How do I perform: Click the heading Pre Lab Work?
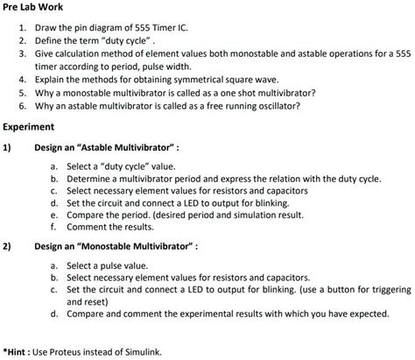pyautogui.click(x=36, y=11)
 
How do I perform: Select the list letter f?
pyautogui.click(x=54, y=227)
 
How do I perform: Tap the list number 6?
pyautogui.click(x=21, y=105)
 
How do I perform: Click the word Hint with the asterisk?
pyautogui.click(x=17, y=352)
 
